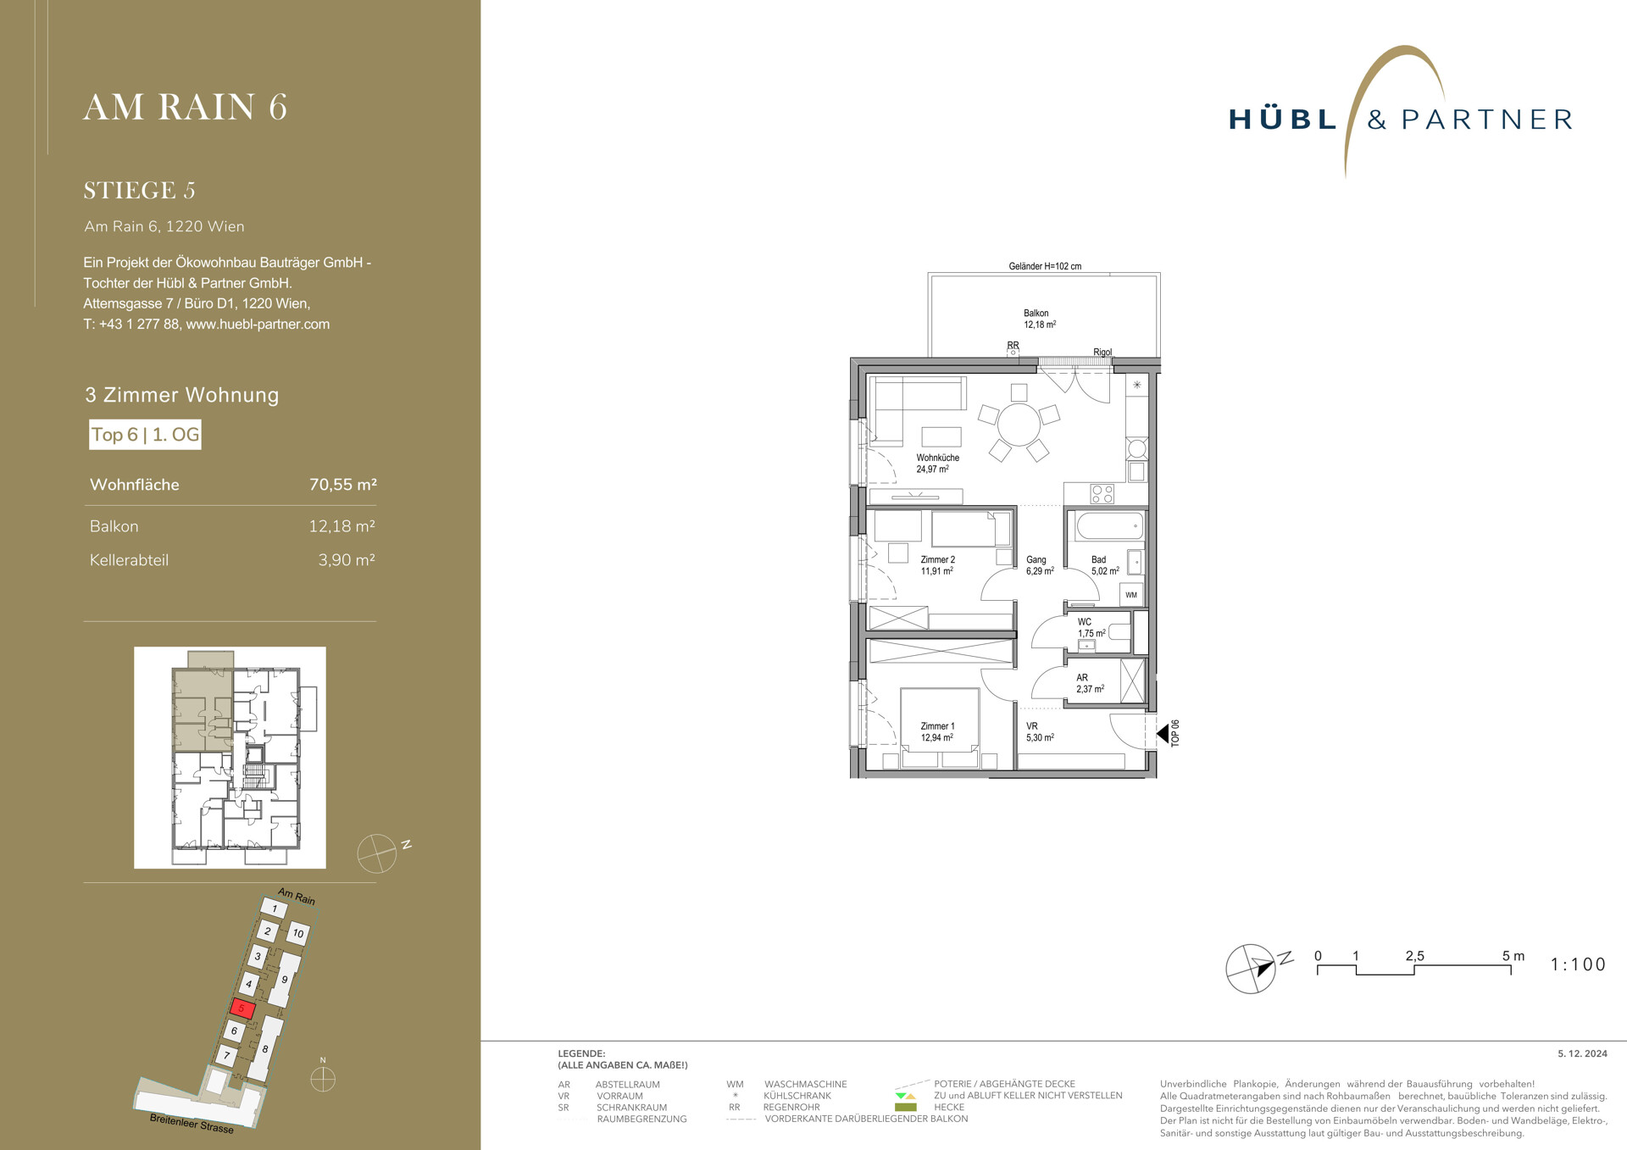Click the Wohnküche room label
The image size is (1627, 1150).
(x=937, y=458)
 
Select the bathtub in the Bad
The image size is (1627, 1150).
(x=1109, y=526)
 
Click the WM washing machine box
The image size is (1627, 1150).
(x=1131, y=595)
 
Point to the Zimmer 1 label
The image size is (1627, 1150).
(x=937, y=726)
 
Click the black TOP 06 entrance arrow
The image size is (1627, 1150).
(x=1163, y=732)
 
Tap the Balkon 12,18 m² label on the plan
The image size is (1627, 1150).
(x=1039, y=319)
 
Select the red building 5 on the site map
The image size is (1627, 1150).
(x=242, y=1008)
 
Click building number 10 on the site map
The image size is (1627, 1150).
(x=297, y=934)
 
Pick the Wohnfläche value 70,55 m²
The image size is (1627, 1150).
(x=343, y=485)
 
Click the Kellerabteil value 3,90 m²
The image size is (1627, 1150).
(x=347, y=560)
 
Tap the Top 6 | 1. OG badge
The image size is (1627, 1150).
(x=145, y=435)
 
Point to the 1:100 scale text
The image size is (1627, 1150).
(x=1578, y=964)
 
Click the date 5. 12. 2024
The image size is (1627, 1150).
(x=1582, y=1054)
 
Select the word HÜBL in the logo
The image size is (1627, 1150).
(x=1283, y=119)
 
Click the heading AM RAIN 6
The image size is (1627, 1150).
(x=186, y=108)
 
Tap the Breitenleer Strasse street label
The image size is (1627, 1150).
(x=192, y=1124)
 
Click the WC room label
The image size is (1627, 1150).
(x=1085, y=622)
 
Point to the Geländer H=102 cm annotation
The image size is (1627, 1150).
(x=1045, y=266)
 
